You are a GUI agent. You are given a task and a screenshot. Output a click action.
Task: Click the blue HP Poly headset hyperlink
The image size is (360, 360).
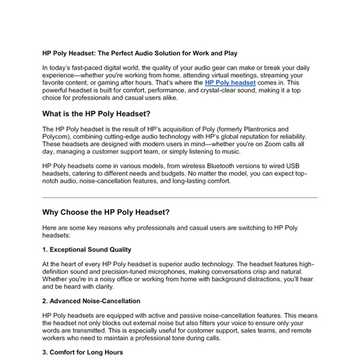click(x=230, y=82)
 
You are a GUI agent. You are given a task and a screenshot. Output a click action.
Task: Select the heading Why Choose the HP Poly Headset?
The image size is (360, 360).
click(x=106, y=212)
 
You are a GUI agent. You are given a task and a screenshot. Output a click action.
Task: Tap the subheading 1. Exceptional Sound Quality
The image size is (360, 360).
click(x=87, y=249)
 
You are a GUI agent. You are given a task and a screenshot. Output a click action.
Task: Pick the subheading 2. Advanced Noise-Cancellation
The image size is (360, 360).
click(x=91, y=301)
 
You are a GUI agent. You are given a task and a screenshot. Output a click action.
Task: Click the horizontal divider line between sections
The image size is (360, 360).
click(x=180, y=197)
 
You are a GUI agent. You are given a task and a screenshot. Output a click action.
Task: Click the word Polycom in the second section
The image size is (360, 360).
click(x=58, y=137)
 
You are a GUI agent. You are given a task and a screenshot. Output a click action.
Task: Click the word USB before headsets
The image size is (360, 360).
click(x=307, y=165)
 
